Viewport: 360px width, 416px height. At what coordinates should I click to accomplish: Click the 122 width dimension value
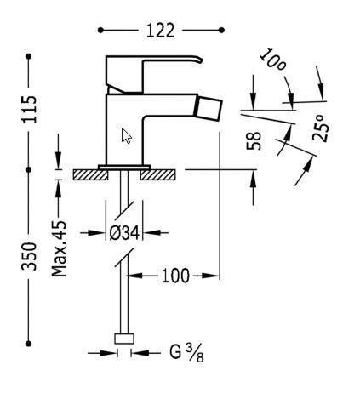[x=160, y=31]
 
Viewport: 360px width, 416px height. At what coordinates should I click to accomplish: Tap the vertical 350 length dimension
[x=30, y=257]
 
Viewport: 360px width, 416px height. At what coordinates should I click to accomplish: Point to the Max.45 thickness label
[x=60, y=247]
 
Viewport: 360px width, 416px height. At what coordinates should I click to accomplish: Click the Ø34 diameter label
[x=125, y=231]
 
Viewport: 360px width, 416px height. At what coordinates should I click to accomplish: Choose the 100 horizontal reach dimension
[x=174, y=276]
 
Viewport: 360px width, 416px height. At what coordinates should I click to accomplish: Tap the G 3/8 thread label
[x=186, y=351]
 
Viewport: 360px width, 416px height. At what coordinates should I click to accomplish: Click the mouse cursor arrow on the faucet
[x=126, y=135]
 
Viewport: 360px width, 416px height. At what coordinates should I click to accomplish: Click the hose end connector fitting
[x=124, y=339]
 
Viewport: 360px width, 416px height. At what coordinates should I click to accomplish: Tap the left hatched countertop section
[x=89, y=174]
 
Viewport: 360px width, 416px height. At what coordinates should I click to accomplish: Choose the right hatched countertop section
[x=159, y=174]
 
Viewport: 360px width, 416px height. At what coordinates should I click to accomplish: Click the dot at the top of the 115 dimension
[x=30, y=56]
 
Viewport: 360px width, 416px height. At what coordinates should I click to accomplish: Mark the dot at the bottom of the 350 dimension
[x=30, y=344]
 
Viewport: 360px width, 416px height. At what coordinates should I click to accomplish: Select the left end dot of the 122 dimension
[x=100, y=31]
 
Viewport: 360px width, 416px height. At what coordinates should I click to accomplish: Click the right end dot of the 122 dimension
[x=221, y=31]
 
